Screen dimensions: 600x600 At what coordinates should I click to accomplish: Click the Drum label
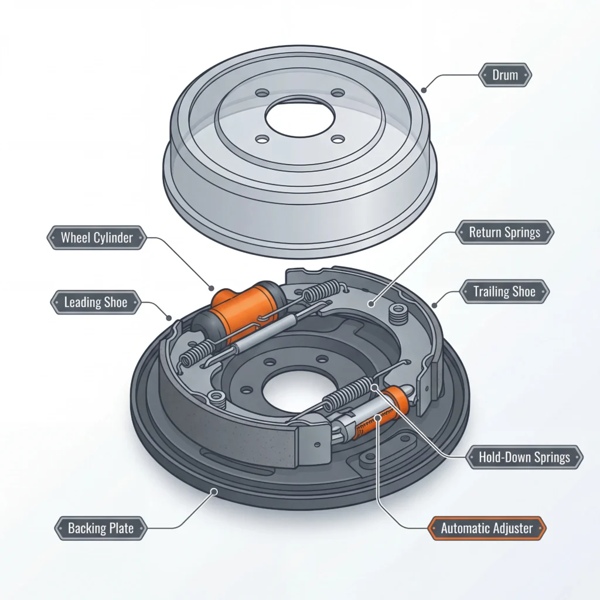(x=505, y=75)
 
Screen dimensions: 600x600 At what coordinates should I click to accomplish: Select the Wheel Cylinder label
(x=97, y=238)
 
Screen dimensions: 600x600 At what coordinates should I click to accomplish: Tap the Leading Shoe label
(x=96, y=303)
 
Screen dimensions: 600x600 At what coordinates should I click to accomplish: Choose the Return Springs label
(x=504, y=232)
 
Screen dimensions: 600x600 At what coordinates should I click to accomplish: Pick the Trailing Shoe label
(x=504, y=291)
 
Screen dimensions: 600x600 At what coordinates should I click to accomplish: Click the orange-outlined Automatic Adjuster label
(x=487, y=528)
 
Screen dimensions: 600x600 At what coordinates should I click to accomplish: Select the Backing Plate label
(x=101, y=528)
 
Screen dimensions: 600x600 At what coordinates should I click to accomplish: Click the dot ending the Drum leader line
(x=424, y=90)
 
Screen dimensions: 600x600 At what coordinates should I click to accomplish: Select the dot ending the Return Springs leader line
(x=370, y=303)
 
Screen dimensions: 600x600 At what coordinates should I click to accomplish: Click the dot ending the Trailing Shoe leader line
(x=434, y=305)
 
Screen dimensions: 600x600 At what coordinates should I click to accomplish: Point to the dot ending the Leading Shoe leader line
(x=170, y=318)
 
